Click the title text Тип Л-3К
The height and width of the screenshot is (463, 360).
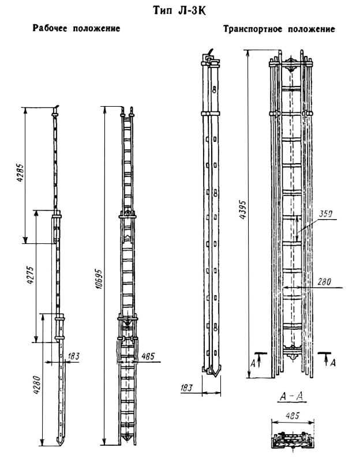point(179,10)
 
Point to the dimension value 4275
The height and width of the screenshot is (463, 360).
point(31,275)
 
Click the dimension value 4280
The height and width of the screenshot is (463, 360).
point(37,385)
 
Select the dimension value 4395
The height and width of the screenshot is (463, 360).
point(243,210)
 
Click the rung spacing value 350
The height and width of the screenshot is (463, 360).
point(325,213)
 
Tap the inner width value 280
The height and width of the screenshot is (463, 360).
point(324,282)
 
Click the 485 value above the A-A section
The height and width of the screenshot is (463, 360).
point(292,416)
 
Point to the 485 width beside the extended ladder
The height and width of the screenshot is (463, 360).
point(148,356)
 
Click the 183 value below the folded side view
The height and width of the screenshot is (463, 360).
point(186,387)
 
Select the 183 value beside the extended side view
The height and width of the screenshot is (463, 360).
point(73,356)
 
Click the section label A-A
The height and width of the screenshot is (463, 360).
point(291,397)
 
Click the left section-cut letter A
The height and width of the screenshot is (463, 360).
point(253,363)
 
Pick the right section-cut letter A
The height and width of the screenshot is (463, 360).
point(333,362)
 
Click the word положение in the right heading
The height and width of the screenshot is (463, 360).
point(312,29)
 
